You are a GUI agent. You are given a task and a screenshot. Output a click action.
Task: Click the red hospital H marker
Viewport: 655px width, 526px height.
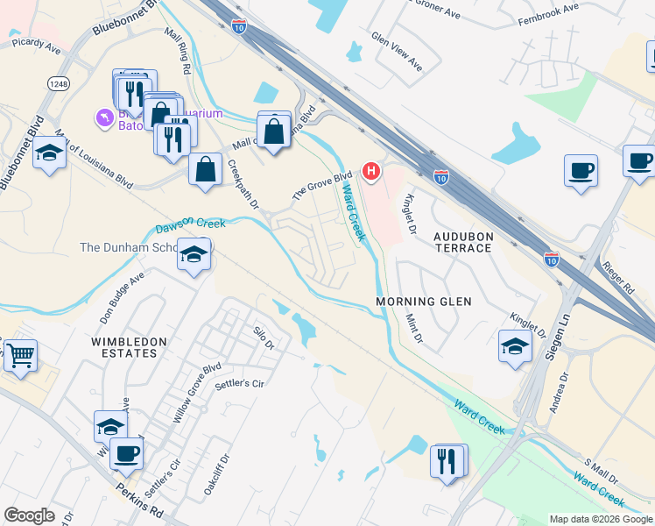pos(372,170)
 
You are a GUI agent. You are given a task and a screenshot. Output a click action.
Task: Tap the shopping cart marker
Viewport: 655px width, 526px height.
pos(19,357)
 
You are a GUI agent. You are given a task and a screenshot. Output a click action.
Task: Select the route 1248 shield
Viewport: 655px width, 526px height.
pos(59,83)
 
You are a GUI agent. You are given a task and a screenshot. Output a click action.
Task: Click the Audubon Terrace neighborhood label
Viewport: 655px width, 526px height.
pos(464,242)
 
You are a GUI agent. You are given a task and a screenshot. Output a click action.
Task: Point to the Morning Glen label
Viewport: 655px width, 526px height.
pos(424,302)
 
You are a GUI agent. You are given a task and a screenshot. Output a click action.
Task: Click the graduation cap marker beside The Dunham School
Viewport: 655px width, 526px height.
pos(194,255)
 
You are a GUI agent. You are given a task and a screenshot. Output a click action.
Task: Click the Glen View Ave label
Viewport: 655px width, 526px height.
pos(397,52)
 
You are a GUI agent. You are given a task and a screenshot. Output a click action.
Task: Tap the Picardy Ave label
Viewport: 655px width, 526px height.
pos(36,46)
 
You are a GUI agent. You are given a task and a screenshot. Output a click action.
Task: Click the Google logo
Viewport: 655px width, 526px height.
pos(29,515)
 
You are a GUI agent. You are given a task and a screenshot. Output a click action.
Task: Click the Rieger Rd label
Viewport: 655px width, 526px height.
pos(617,275)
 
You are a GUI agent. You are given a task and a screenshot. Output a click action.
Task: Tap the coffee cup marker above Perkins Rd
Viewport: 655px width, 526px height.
pos(126,453)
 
